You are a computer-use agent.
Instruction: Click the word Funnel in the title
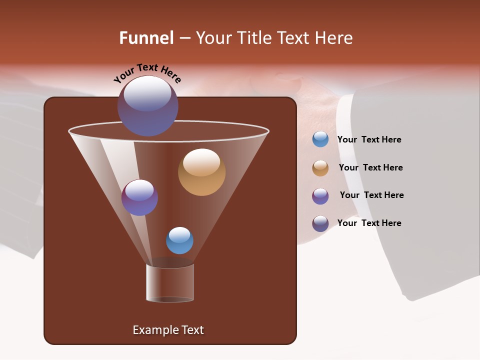(146, 38)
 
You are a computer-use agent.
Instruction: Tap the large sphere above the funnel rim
(147, 106)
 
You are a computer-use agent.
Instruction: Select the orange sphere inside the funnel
(201, 172)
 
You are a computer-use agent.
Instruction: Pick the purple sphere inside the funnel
(139, 197)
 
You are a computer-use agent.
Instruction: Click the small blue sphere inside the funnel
(179, 240)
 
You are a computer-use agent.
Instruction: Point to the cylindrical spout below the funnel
(170, 282)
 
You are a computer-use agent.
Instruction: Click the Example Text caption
(168, 330)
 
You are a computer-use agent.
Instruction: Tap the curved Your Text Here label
(147, 73)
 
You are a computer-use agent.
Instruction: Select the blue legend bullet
(320, 139)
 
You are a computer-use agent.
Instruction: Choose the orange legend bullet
(320, 168)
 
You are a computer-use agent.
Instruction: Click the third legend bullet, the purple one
(320, 196)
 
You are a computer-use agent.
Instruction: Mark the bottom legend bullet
(320, 223)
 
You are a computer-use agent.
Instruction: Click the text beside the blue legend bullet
(369, 140)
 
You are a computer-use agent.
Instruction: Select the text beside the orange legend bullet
(370, 168)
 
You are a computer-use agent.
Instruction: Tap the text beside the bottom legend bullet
(369, 223)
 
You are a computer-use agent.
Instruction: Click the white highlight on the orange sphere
(201, 162)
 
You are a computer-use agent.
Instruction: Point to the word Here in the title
(334, 38)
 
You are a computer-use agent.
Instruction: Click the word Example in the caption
(153, 330)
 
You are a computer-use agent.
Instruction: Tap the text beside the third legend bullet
(371, 195)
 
